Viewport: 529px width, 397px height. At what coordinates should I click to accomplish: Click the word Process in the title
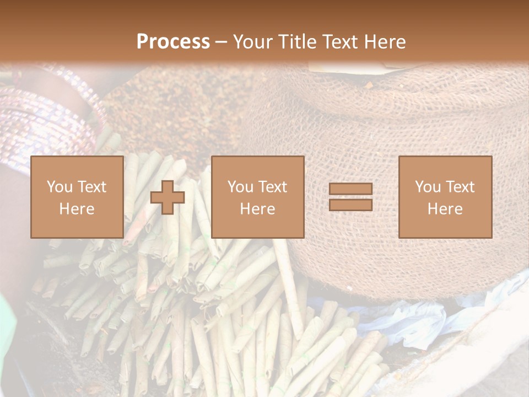pos(173,42)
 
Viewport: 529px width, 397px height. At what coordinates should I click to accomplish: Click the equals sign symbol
pos(350,197)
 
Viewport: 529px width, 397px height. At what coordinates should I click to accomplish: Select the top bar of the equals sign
pos(350,189)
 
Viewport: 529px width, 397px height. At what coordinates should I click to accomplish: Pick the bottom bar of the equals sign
pos(350,205)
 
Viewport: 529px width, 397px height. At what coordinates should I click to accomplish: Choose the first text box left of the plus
pos(77,197)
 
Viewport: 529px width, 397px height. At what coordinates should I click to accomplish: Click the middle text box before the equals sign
pos(257,197)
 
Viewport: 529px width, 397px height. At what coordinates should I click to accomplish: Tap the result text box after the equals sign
pos(445,197)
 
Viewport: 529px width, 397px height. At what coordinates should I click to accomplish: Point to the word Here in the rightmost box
pos(445,209)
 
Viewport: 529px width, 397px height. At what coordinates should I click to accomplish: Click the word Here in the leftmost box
pos(77,209)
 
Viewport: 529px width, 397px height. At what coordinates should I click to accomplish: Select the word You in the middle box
pos(240,187)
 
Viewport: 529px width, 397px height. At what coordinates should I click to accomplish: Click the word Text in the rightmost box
pos(460,187)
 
